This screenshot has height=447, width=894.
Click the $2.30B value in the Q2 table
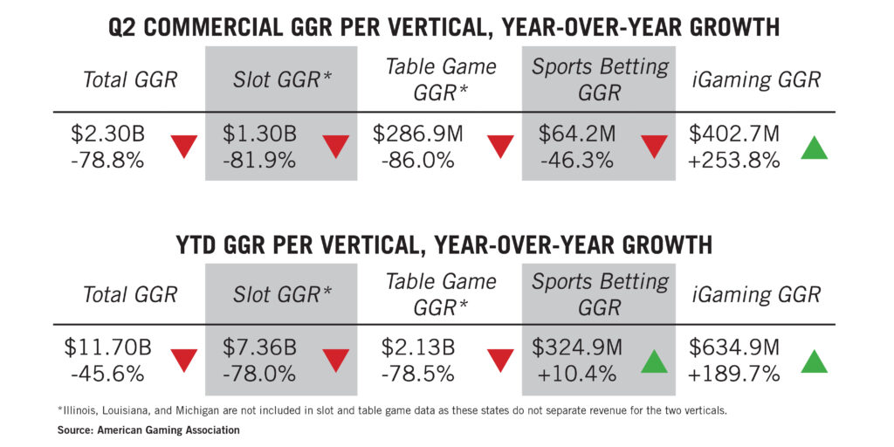pos(107,134)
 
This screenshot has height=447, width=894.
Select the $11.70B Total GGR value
pos(107,347)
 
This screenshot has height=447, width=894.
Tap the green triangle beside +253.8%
pos(815,148)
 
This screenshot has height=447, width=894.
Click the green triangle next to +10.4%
pos(654,361)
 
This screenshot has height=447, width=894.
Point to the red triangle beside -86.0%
pos(500,147)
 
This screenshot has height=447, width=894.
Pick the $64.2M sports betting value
pos(577,134)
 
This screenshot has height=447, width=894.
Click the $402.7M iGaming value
pos(733,134)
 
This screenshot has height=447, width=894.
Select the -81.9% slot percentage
pos(259,161)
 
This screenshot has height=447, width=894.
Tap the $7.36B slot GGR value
pos(259,347)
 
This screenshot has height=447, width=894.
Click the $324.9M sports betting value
pos(577,347)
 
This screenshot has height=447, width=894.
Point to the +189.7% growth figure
pos(733,374)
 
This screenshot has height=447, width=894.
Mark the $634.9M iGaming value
pos(733,347)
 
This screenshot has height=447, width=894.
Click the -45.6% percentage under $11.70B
pos(107,374)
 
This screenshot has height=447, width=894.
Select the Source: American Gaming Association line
pos(148,430)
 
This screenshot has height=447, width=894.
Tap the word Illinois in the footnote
pos(76,411)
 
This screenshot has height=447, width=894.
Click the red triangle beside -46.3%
pos(654,147)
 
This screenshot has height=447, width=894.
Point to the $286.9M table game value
pos(417,134)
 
